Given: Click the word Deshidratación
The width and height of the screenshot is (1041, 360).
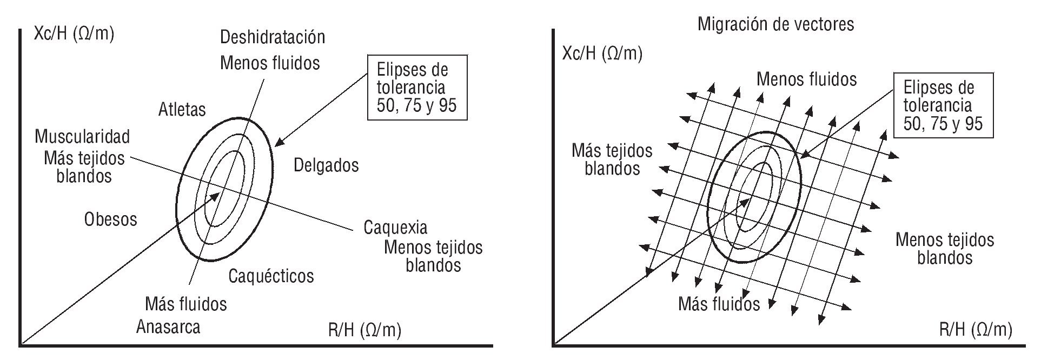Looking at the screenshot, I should coord(273,37).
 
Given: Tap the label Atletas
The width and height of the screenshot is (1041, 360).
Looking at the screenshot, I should coord(182,110).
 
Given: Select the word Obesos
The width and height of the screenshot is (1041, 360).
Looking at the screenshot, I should coord(110,219).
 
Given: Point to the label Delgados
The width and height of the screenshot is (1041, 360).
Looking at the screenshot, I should coord(326,165).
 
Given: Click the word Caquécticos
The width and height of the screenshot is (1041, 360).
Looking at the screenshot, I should coord(271,276).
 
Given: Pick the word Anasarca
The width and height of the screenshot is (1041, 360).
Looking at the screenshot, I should coord(168,327).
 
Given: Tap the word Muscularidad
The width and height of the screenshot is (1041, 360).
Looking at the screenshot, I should coord(82,136).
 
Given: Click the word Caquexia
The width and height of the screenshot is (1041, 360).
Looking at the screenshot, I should coord(395,227).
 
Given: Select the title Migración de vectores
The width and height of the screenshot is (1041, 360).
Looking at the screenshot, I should coord(775,24).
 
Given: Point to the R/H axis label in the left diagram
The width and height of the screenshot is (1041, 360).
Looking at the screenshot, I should coord(364,330).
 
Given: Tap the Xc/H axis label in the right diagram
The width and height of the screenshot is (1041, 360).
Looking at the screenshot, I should coord(602,54).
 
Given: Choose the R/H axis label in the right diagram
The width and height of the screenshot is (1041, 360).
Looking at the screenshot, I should coord(975,329).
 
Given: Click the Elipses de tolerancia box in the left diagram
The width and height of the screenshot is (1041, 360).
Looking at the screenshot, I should coord(416,86).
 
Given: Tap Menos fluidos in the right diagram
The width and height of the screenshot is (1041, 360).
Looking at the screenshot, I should coord(806,79).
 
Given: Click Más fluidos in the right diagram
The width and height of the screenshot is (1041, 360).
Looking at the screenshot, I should coord(719,304).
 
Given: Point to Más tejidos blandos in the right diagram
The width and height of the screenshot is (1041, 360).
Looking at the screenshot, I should coord(612,159).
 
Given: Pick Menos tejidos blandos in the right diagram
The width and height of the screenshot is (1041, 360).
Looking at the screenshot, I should coord(944,248).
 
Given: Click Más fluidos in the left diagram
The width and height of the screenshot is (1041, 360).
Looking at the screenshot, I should coord(185,304).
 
